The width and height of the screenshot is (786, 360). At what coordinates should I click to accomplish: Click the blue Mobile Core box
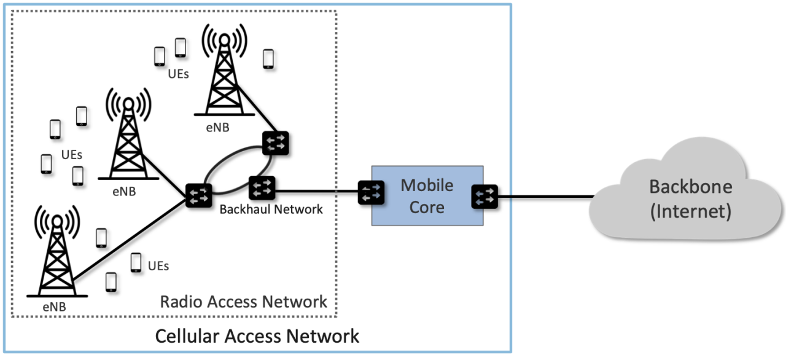coord(427,195)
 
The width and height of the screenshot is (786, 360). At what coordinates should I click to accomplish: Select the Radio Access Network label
coord(243,302)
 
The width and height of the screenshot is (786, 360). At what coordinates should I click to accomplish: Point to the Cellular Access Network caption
coord(257,336)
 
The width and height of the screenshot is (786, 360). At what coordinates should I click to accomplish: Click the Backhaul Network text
coord(271,209)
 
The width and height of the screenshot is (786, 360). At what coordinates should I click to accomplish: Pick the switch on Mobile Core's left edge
coord(372,194)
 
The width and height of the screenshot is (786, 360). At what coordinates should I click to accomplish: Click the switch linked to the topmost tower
coord(276,143)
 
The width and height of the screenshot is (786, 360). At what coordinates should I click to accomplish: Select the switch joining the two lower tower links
coord(200,195)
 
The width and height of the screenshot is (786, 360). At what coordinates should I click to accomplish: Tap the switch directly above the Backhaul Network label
coord(262,185)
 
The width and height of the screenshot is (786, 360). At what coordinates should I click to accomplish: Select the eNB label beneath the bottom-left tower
coord(54,306)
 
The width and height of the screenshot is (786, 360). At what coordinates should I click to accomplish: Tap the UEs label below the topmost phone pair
coord(178,75)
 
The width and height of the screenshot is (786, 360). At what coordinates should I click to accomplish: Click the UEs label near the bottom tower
coord(158,267)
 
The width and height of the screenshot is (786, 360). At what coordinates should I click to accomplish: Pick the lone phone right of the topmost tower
coord(268,58)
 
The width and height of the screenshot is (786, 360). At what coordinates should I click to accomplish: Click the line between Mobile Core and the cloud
coord(543,197)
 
